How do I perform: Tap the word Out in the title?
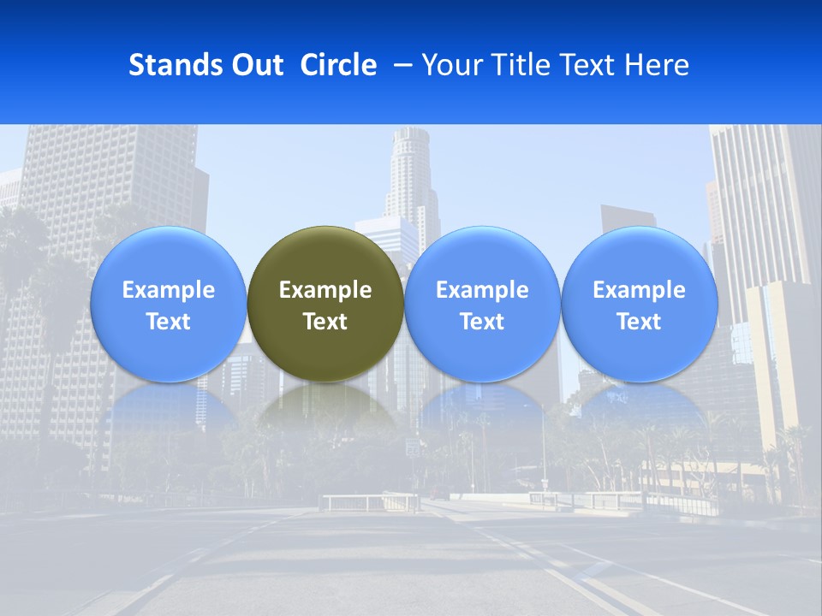point(256,65)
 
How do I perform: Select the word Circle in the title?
point(338,65)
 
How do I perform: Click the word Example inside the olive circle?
point(325,290)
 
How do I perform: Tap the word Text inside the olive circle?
point(325,322)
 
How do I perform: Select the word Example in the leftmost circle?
point(168,290)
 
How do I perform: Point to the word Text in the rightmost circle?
point(639,322)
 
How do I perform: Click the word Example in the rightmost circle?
point(639,290)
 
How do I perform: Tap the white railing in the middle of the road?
point(368,500)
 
